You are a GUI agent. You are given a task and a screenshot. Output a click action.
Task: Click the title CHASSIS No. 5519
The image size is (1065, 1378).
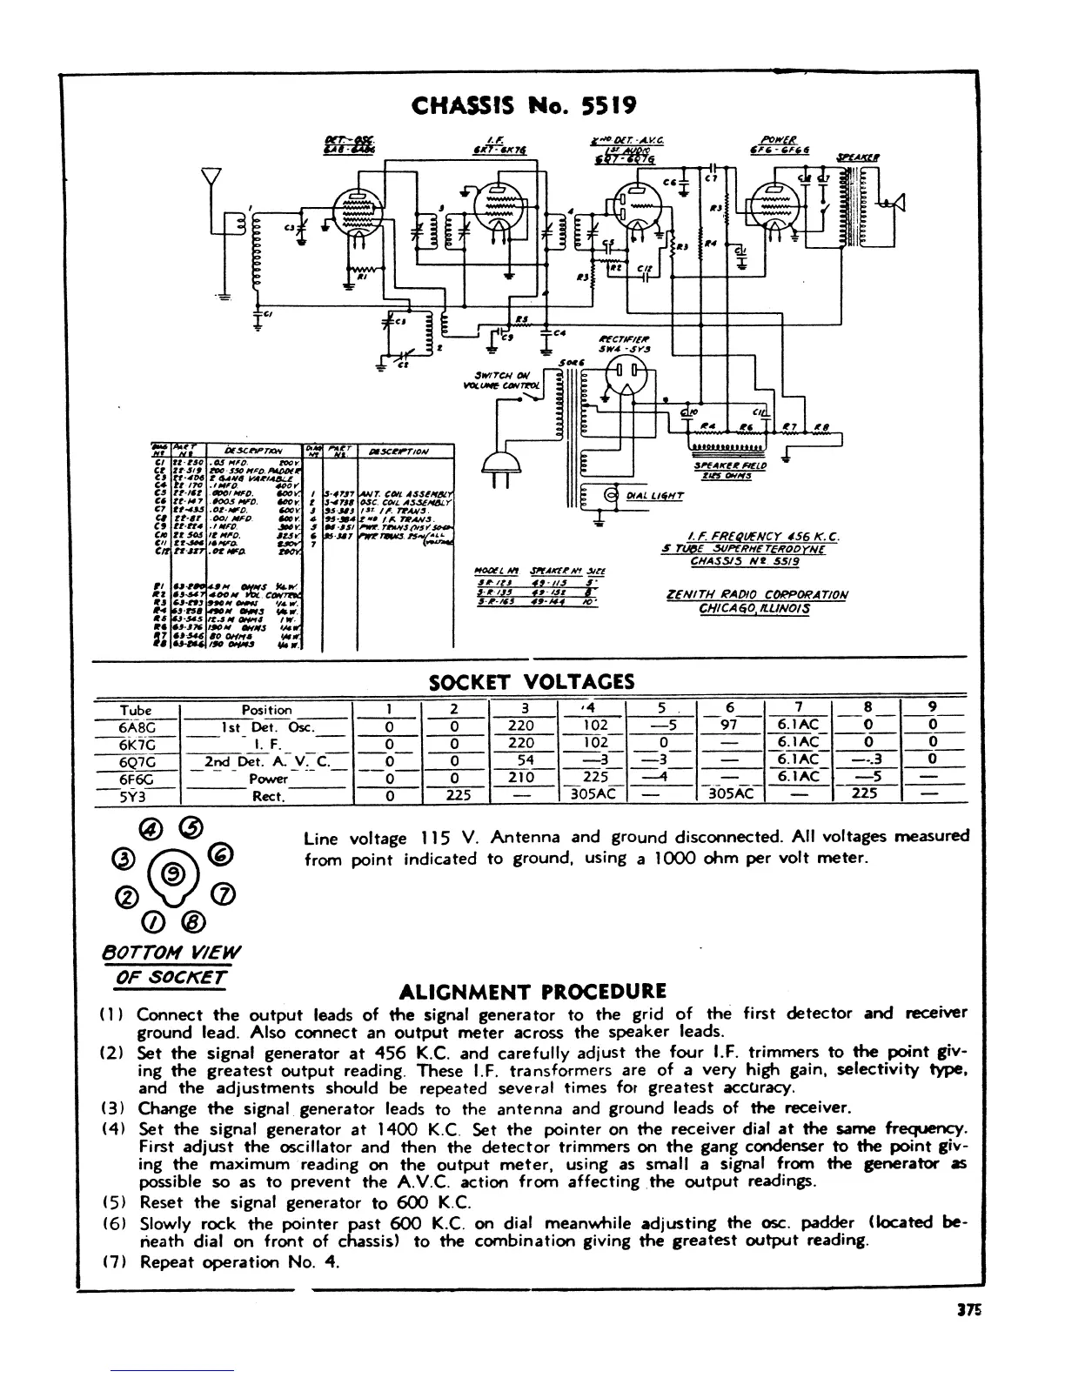click(x=524, y=106)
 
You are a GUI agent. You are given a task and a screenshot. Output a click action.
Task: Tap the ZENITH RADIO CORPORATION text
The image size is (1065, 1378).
click(x=754, y=595)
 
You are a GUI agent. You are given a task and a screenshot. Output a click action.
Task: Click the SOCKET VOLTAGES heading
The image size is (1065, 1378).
click(x=531, y=682)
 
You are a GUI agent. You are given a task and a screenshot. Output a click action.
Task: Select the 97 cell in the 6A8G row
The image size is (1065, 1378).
click(x=730, y=726)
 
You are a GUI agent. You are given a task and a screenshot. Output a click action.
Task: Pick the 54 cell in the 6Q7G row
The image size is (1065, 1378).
click(x=525, y=760)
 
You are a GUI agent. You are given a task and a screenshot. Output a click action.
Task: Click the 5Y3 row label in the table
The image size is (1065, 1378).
click(x=137, y=794)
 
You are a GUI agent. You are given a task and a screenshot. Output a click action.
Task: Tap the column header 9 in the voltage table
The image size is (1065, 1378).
click(x=932, y=708)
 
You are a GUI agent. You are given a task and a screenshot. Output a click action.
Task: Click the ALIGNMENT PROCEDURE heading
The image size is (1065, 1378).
click(x=532, y=992)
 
